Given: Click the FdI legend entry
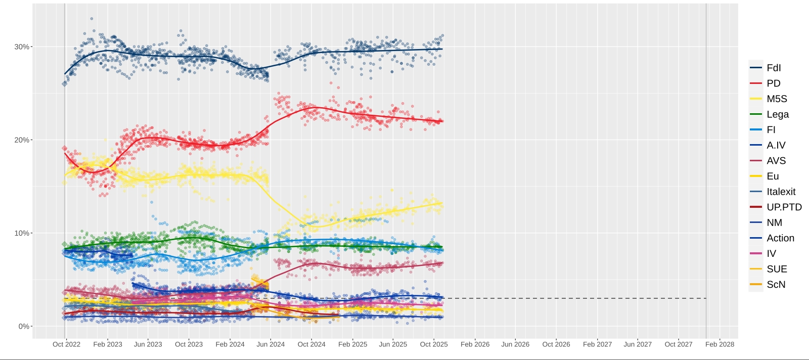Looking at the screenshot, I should pos(773,68).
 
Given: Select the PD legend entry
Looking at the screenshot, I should pos(773,83).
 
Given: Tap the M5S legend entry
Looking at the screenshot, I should pos(776,99).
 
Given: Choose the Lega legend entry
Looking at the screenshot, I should pos(777,114).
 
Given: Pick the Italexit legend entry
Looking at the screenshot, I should pos(781,192).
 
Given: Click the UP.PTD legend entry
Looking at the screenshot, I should pos(784,207).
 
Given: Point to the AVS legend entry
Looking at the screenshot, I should pos(776,161).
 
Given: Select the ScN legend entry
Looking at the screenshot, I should pos(776,285).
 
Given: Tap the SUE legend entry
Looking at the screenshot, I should pos(776,269).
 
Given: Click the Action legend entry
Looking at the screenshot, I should pos(780,238).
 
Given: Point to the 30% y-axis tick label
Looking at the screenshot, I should pos(22,47).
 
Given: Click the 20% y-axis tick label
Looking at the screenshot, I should pos(22,140).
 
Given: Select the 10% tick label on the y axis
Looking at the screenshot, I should pos(22,233).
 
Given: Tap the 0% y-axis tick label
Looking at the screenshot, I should pos(24,327).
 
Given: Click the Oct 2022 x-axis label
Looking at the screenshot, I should pos(66,344).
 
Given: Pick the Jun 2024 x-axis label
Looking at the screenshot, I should pos(271,344).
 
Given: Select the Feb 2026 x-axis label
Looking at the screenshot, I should pos(475,344).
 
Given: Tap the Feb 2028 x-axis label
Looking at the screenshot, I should pos(720,344).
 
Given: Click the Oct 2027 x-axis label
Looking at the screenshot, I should pos(678,344).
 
